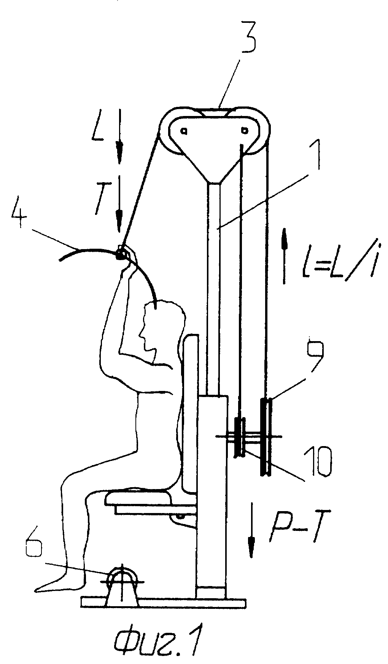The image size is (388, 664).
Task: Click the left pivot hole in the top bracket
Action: (x=183, y=131)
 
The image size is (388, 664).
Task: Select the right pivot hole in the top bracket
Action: (x=245, y=130)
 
